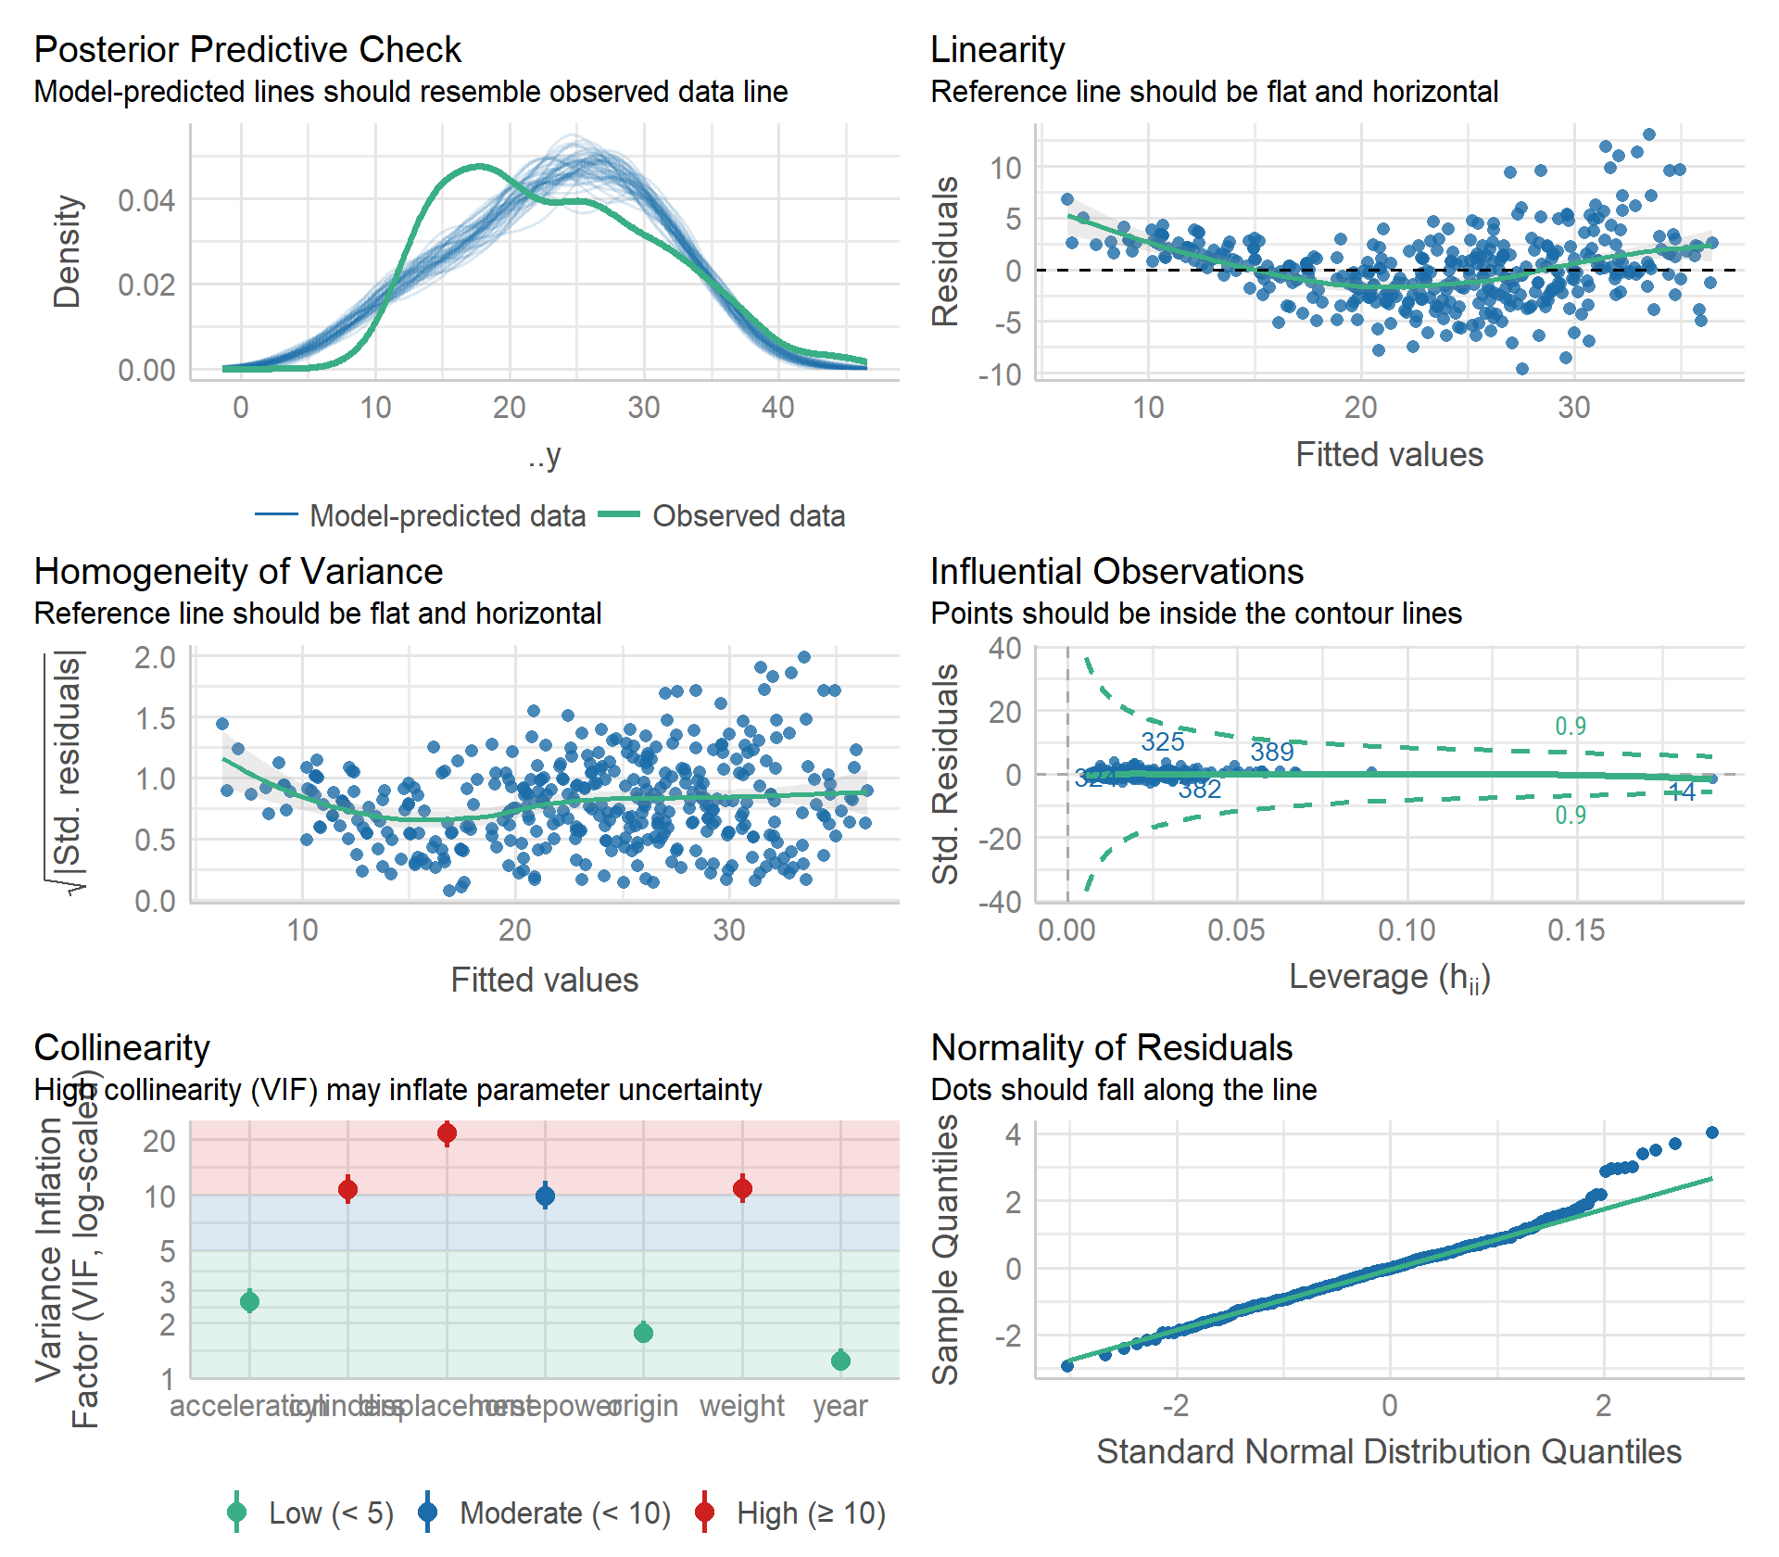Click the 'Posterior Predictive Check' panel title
(x=247, y=50)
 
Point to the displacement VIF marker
(x=447, y=1133)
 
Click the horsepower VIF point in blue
(x=545, y=1196)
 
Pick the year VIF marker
(x=840, y=1361)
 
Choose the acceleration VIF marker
(x=249, y=1302)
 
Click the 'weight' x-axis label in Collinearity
(x=741, y=1406)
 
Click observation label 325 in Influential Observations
(x=1162, y=742)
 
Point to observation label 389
(x=1271, y=752)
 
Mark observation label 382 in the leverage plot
(x=1199, y=790)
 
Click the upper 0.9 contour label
(x=1570, y=727)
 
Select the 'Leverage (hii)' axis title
(x=1389, y=977)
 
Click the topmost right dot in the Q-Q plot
(x=1711, y=1133)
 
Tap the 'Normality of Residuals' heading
(x=1111, y=1048)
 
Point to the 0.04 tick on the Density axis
(x=146, y=200)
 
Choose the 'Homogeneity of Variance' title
(x=238, y=572)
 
